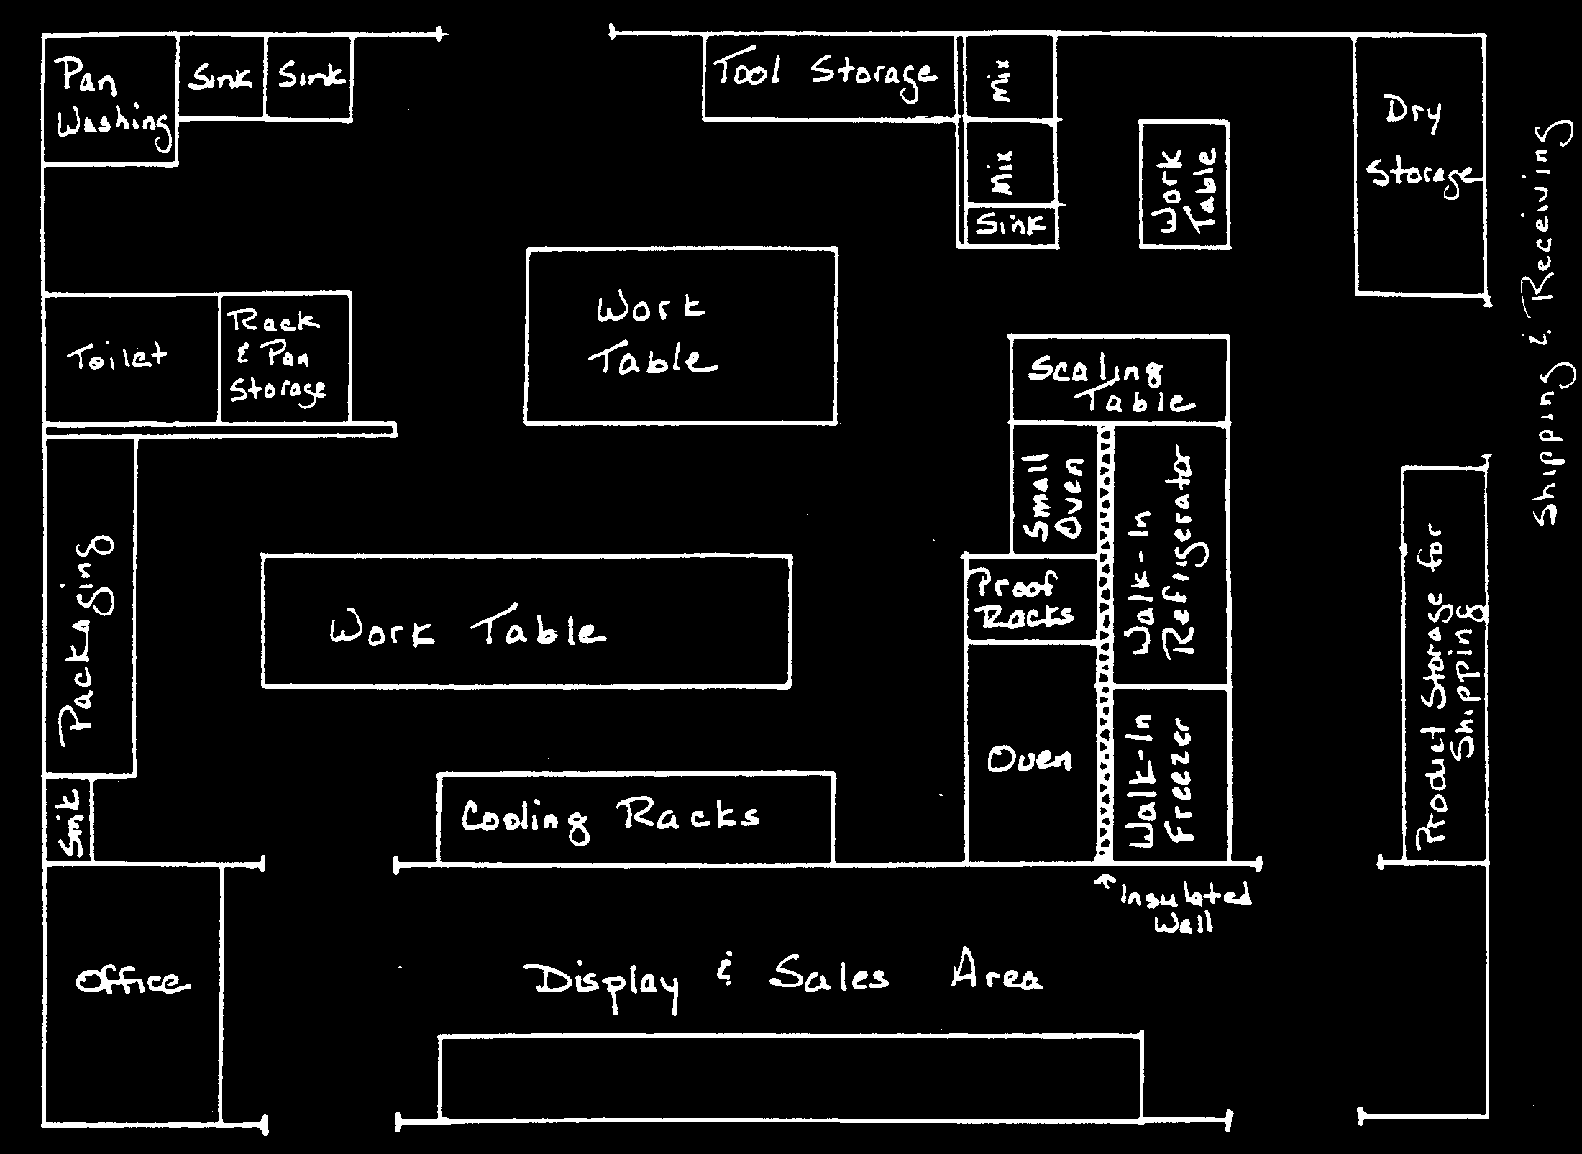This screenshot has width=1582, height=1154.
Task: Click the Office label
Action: [133, 981]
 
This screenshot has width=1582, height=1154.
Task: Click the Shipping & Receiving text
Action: [1546, 324]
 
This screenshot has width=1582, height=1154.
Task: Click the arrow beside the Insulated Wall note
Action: [1105, 881]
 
